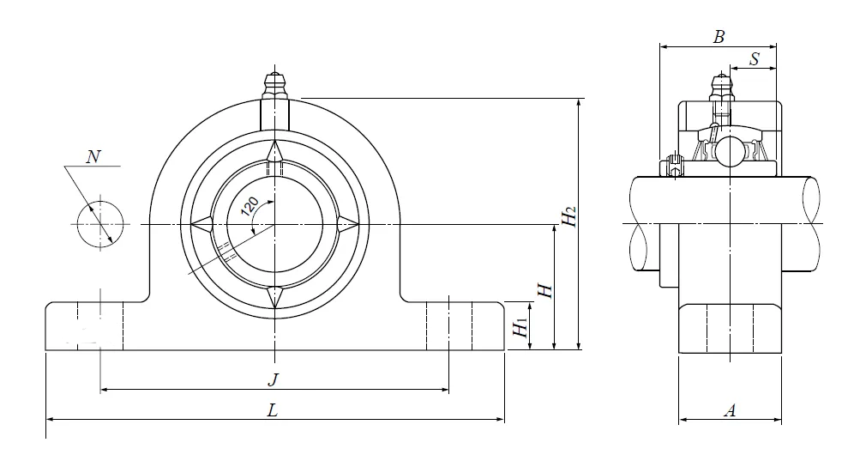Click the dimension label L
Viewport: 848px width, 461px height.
272,410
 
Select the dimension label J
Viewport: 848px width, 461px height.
274,379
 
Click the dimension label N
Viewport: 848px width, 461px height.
93,156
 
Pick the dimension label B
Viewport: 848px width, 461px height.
719,37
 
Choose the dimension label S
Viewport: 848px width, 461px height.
754,59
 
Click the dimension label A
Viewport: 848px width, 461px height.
731,410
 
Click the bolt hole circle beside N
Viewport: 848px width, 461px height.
99,225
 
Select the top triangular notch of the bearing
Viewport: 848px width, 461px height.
274,152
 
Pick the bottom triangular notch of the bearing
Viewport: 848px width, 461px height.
274,296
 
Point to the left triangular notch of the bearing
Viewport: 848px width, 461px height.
202,225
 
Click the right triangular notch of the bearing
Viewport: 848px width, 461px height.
346,225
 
